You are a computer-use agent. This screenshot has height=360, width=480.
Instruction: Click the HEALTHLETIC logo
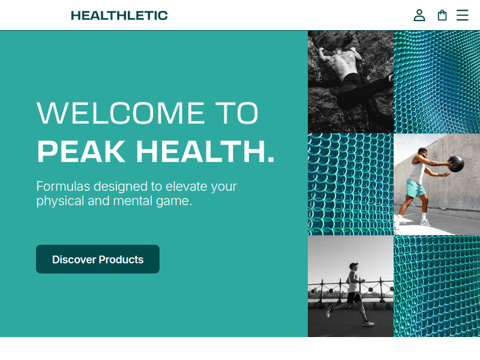[119, 15]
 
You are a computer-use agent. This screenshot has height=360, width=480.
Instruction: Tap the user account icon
[419, 15]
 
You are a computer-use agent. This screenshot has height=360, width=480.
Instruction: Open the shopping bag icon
[442, 15]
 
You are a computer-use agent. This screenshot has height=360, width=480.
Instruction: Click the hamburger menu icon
[462, 15]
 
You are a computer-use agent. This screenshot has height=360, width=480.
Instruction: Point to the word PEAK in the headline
[81, 152]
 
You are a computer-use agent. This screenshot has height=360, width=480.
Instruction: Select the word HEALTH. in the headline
[205, 152]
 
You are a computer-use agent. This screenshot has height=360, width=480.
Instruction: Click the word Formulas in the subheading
[63, 187]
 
